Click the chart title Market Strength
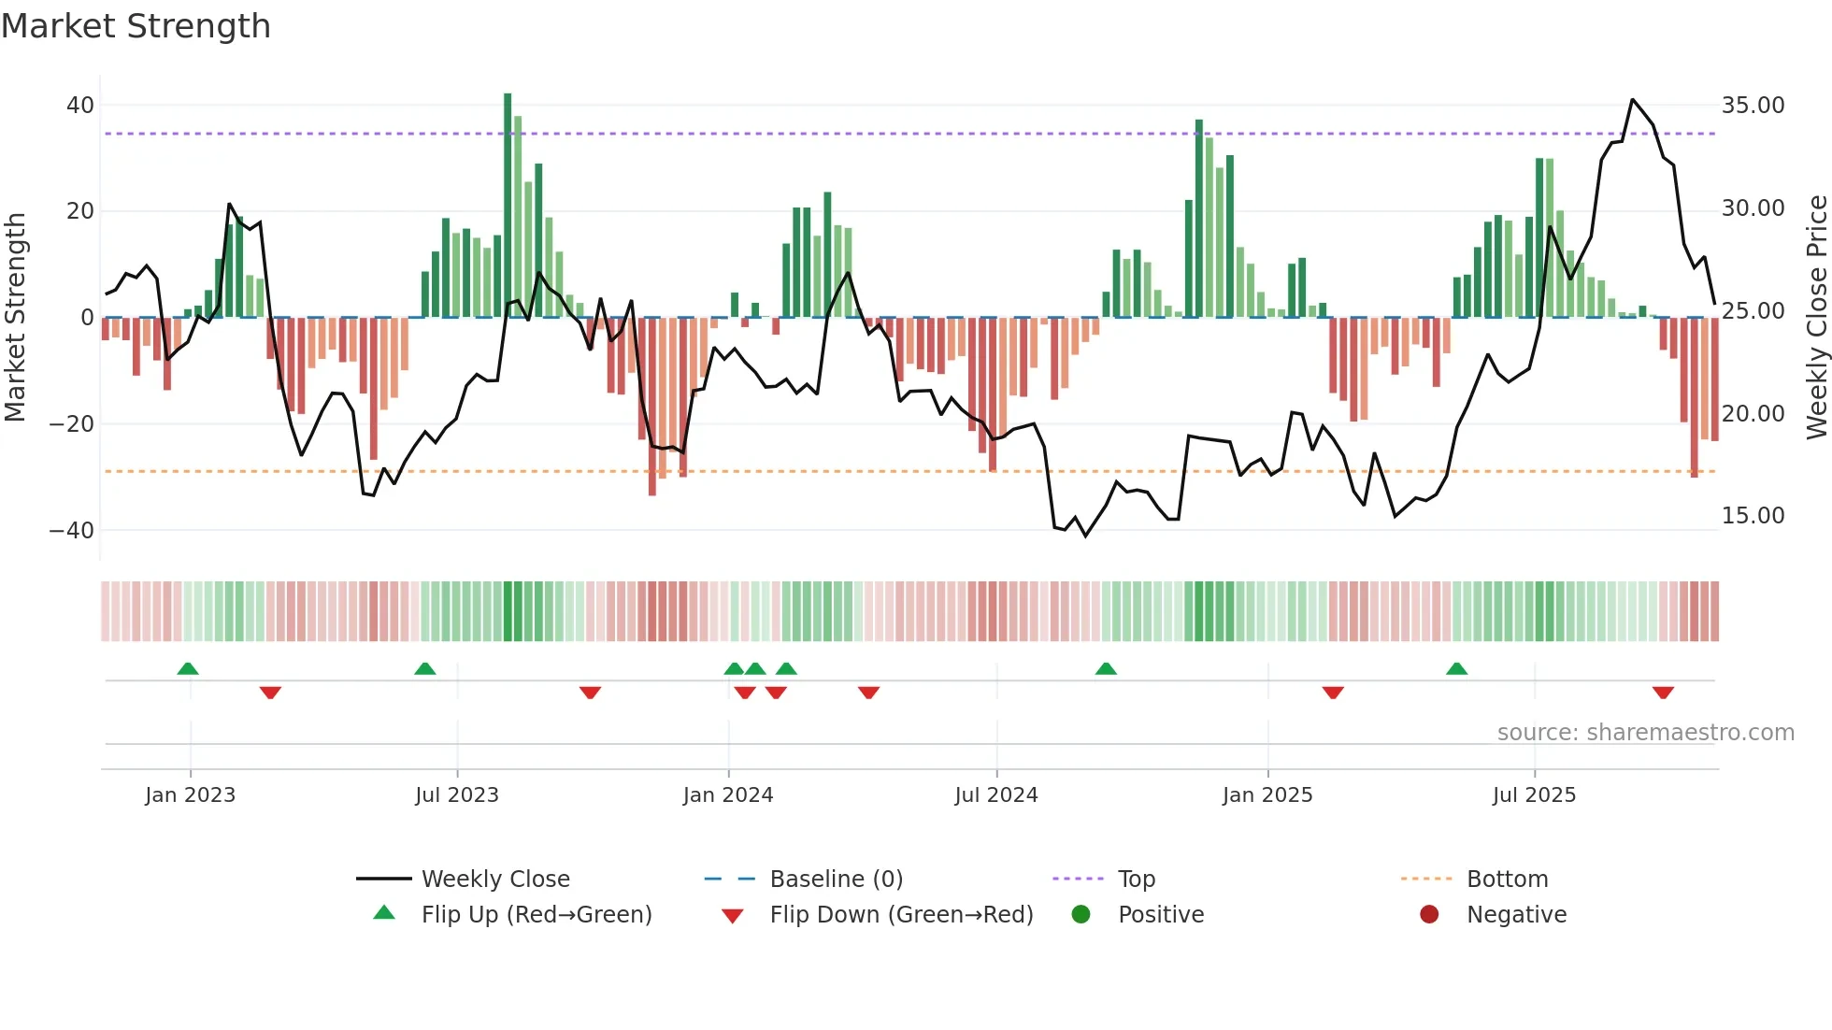pos(136,26)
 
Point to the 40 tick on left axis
pos(79,106)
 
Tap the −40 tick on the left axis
pos(72,531)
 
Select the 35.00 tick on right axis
pos(1753,106)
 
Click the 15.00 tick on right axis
pos(1753,516)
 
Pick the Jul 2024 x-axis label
pos(995,795)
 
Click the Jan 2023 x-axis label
pos(190,795)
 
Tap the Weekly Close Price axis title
pos(1816,318)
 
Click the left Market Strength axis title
pos(15,318)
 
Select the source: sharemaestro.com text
pos(1645,733)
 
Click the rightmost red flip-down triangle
pos(1663,693)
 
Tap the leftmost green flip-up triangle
pos(188,668)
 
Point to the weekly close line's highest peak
pos(1633,100)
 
